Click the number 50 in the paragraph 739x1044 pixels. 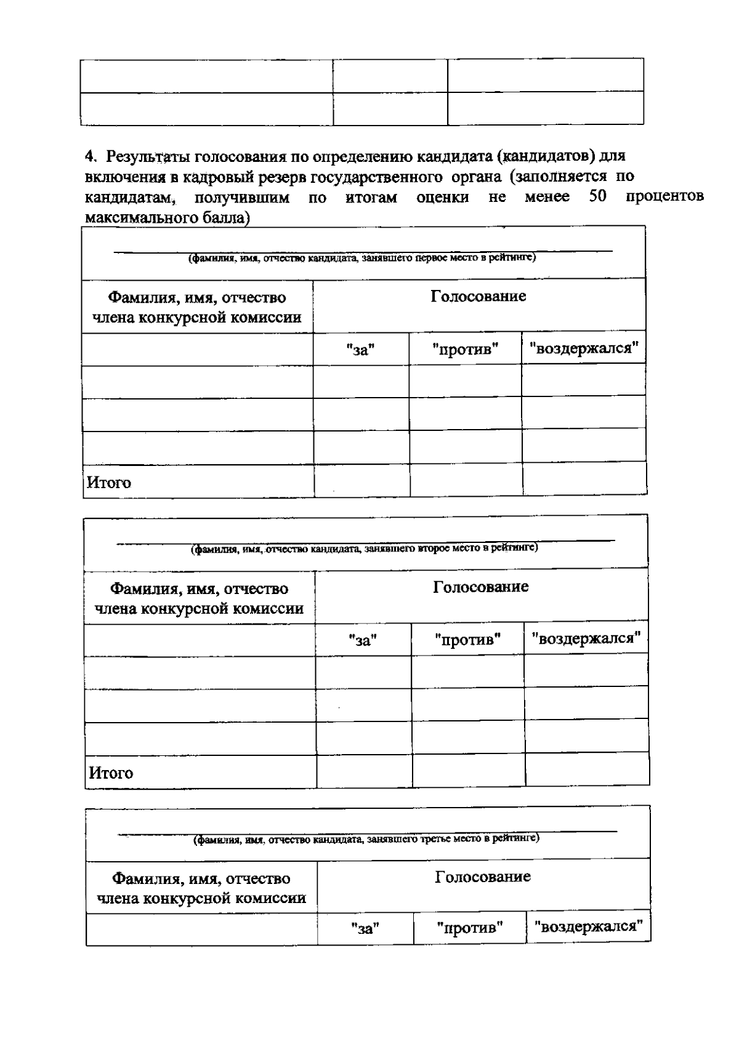(x=597, y=197)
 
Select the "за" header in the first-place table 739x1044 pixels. (x=360, y=350)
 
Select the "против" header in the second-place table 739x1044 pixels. (x=467, y=640)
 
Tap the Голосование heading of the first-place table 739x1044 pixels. (x=478, y=296)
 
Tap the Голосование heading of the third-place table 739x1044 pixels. (x=482, y=877)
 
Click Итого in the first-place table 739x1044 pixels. (x=108, y=483)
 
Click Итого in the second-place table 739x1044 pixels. (x=111, y=773)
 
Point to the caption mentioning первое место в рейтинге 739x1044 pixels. (x=362, y=259)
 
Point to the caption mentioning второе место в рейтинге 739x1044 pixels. (x=365, y=548)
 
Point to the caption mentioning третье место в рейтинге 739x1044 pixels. (x=366, y=838)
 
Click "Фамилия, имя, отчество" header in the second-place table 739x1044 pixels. (x=199, y=588)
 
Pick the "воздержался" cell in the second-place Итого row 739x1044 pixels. (x=587, y=770)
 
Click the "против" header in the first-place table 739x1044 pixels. (x=465, y=350)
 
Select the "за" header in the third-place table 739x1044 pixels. (x=365, y=928)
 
